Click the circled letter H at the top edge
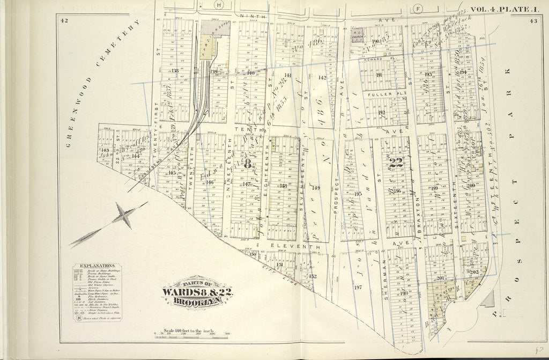pyautogui.click(x=218, y=5)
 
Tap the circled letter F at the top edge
pyautogui.click(x=419, y=8)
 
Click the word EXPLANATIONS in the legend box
pyautogui.click(x=97, y=266)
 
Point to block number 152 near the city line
pyautogui.click(x=312, y=276)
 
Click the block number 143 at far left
pyautogui.click(x=105, y=150)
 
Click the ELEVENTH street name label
pyautogui.click(x=288, y=245)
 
